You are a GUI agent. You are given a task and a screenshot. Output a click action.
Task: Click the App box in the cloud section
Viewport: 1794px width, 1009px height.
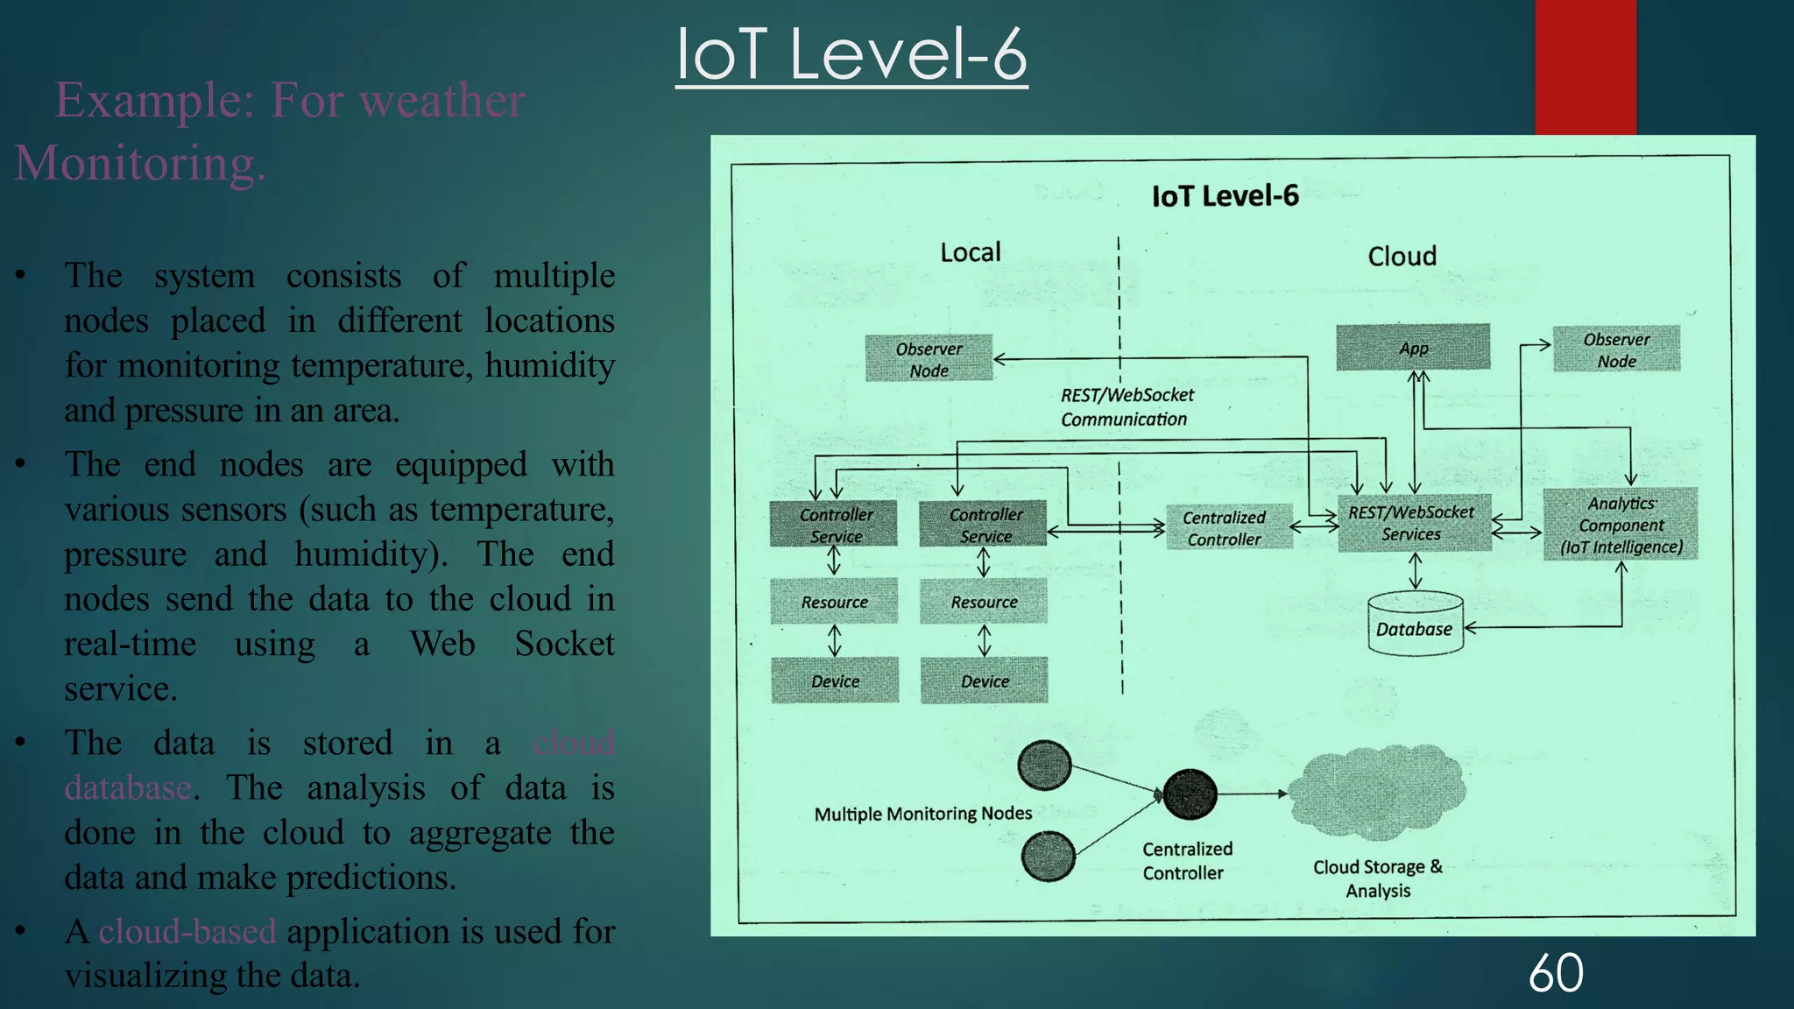tap(1412, 348)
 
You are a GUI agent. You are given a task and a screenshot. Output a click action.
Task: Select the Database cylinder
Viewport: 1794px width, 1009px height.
tap(1415, 625)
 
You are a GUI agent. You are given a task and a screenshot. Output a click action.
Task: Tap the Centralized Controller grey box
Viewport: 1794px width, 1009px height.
tap(1228, 527)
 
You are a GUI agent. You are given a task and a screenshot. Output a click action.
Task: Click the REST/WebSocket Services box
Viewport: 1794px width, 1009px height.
tap(1413, 524)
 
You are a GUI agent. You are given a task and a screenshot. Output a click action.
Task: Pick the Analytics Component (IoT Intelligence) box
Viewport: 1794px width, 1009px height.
tap(1620, 525)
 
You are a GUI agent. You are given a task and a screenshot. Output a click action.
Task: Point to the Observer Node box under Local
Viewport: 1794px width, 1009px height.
tap(929, 358)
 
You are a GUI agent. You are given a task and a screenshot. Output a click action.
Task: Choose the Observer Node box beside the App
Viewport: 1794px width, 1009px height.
tap(1616, 349)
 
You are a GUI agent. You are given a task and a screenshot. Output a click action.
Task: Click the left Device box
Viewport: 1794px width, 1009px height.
tap(835, 681)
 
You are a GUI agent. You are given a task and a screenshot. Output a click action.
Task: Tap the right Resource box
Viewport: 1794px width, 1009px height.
tap(984, 602)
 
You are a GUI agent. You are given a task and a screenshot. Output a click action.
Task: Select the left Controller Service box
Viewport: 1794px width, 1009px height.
tap(834, 524)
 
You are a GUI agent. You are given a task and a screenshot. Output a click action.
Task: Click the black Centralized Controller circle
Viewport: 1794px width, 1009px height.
tap(1189, 794)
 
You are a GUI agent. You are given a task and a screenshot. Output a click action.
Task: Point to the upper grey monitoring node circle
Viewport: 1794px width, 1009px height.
tap(1044, 765)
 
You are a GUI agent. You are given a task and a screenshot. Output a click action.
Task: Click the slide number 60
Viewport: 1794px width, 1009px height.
tap(1556, 973)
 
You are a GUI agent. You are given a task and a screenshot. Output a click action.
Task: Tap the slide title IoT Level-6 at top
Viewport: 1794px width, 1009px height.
tap(851, 54)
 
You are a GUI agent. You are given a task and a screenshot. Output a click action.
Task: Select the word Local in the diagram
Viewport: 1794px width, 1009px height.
tap(970, 253)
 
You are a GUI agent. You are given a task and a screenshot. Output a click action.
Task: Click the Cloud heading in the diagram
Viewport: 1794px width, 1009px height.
tap(1402, 257)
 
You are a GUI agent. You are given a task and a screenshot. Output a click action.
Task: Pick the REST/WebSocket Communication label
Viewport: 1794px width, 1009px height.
tap(1127, 407)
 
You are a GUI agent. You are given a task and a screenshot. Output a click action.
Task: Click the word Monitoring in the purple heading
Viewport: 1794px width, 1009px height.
tap(139, 164)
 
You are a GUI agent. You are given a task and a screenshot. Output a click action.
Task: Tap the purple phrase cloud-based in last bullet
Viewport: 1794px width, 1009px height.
tap(187, 931)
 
